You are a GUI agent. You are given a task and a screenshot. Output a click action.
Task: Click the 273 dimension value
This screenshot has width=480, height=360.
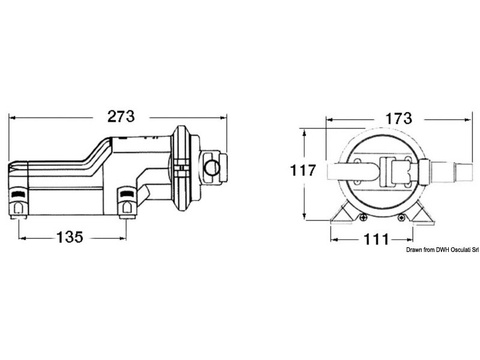point(121,116)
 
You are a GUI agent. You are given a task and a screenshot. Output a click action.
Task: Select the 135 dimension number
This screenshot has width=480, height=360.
point(70,237)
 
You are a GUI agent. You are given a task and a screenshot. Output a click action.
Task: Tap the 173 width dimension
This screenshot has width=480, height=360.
point(398,118)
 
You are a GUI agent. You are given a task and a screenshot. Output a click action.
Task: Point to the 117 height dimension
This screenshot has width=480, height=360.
point(303,170)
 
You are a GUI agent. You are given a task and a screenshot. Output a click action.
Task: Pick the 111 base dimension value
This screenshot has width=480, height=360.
point(376,239)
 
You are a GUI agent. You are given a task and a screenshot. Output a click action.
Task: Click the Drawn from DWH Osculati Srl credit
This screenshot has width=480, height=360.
point(442,250)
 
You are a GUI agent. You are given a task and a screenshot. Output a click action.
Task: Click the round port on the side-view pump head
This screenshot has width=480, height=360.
point(212,168)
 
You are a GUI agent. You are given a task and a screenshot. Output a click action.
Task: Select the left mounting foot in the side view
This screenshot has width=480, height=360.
point(19,203)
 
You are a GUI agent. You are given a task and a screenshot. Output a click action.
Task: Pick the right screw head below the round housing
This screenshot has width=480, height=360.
point(401,218)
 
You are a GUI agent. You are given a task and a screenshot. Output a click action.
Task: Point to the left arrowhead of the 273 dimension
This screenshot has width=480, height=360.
point(12,118)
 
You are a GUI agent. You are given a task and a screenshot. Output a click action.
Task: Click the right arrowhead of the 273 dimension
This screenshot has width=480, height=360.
point(223,118)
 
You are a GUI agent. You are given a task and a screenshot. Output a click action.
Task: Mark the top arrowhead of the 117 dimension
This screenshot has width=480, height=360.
point(304,132)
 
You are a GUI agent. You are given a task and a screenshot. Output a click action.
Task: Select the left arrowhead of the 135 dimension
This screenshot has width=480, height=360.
point(22,238)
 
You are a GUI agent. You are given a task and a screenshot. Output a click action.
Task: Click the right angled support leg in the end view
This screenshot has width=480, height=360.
point(422,214)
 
